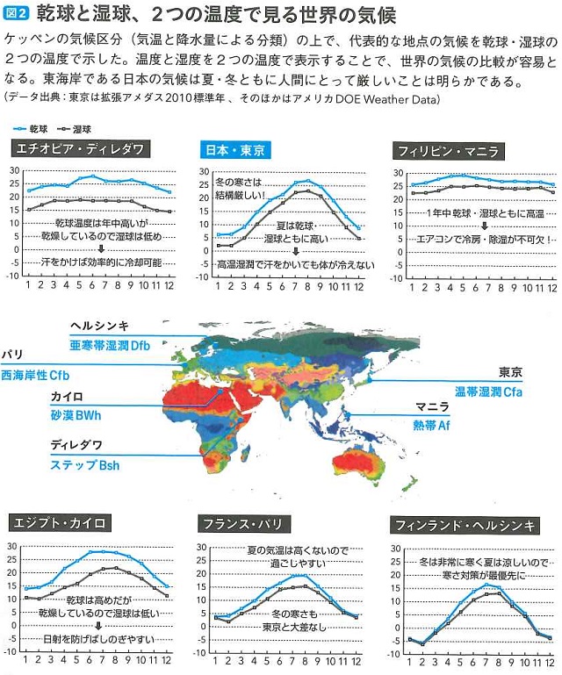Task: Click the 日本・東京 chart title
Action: (235, 149)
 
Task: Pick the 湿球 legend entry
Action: (85, 127)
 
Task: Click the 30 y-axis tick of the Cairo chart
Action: (12, 546)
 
